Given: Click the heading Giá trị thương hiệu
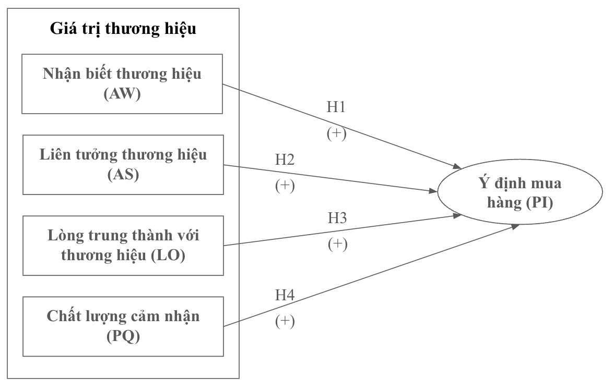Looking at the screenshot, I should pyautogui.click(x=123, y=29).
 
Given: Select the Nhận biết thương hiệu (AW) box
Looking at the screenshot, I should pyautogui.click(x=123, y=83).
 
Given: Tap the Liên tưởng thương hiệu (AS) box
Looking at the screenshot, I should pyautogui.click(x=123, y=164).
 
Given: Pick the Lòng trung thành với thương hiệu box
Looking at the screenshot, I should pyautogui.click(x=123, y=246).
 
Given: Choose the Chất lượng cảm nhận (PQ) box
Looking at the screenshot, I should pyautogui.click(x=123, y=326).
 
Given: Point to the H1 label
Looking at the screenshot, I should pyautogui.click(x=336, y=108).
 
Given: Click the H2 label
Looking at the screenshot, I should pyautogui.click(x=285, y=160).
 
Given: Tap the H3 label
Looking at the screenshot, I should pyautogui.click(x=337, y=217).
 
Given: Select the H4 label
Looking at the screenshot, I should pyautogui.click(x=285, y=296).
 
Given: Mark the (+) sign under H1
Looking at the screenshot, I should pyautogui.click(x=336, y=133).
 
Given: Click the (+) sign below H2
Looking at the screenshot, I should pyautogui.click(x=285, y=186).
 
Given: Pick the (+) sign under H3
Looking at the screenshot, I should pyautogui.click(x=337, y=243).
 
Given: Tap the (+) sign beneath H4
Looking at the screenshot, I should pyautogui.click(x=285, y=322).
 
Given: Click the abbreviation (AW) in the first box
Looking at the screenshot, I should pyautogui.click(x=123, y=95).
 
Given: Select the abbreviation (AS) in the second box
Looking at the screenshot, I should pyautogui.click(x=123, y=176).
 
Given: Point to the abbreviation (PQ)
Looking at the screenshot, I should pyautogui.click(x=123, y=338).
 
